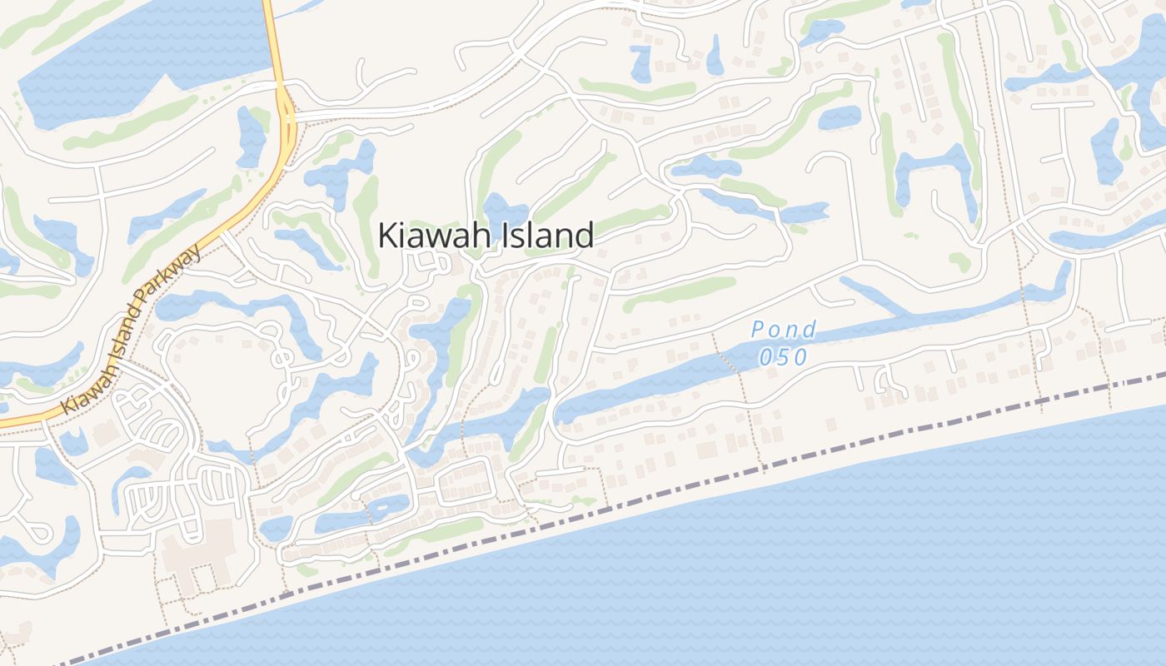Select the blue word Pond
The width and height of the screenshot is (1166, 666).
784,331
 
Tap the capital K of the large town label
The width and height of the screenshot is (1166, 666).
387,236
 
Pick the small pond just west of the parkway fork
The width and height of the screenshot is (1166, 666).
249,133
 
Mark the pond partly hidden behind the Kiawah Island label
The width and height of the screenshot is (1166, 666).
503,211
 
